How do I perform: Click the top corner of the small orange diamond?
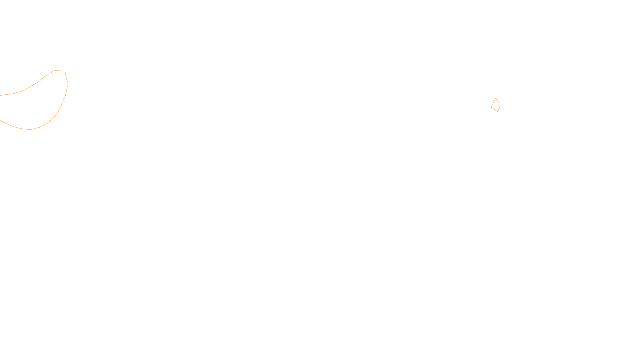tap(496, 98)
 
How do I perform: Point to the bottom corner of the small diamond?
tap(498, 112)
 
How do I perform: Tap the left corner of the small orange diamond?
tap(491, 107)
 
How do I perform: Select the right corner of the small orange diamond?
tap(500, 106)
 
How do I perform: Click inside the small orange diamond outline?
tap(496, 106)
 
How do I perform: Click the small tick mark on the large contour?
tap(68, 84)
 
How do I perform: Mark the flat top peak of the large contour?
tap(59, 70)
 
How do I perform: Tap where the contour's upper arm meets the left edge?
tap(0, 95)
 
